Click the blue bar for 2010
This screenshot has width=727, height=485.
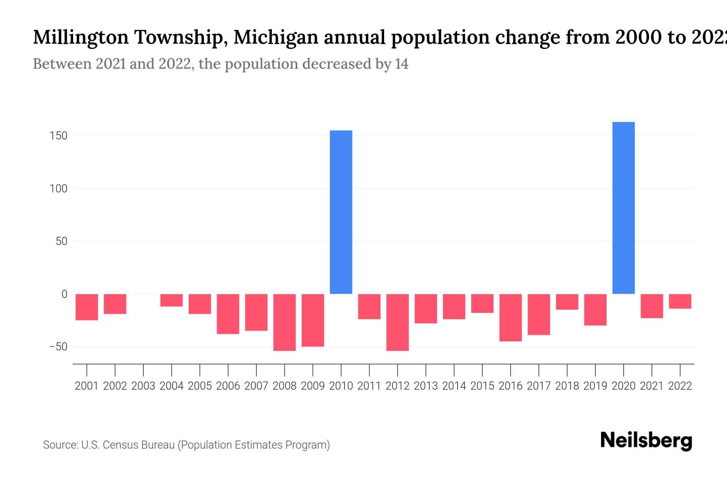(341, 212)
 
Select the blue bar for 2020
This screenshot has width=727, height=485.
(623, 208)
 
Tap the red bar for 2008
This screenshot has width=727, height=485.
(284, 322)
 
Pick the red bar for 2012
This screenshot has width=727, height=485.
(397, 322)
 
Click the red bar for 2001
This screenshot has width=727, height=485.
(87, 307)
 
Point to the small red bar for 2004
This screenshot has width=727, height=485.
(171, 300)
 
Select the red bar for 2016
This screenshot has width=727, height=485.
(511, 318)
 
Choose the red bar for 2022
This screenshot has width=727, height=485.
(680, 302)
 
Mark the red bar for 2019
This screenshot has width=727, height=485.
(595, 310)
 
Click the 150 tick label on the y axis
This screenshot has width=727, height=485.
(59, 136)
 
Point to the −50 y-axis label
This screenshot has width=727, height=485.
(58, 347)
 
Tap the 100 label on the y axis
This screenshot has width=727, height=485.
(59, 189)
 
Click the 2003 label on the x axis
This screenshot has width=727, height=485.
(143, 386)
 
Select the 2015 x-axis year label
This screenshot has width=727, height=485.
(482, 386)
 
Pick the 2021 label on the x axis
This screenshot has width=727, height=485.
(651, 386)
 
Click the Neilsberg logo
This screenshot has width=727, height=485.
(646, 441)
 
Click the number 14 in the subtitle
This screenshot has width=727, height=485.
(401, 64)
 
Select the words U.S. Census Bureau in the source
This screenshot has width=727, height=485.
(128, 445)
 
